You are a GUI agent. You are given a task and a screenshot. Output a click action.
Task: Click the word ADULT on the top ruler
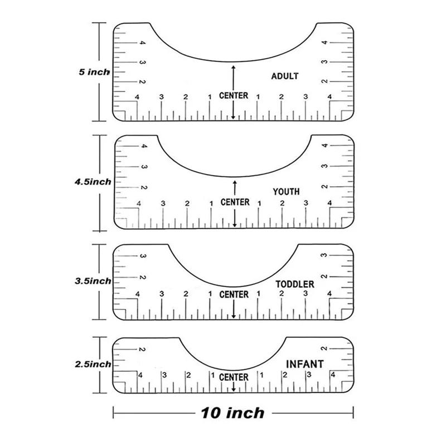284,76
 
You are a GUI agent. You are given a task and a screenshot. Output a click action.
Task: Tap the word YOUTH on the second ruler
286,192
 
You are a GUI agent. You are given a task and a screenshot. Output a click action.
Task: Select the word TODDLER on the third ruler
295,284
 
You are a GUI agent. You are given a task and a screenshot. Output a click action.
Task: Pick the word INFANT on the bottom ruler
304,364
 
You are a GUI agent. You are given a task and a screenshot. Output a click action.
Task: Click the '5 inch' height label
94,72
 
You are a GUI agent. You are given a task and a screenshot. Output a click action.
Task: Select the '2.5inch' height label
93,364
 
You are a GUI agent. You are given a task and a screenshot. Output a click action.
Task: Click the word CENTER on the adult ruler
234,96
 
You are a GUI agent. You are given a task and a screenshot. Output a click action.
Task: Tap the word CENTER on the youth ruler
235,202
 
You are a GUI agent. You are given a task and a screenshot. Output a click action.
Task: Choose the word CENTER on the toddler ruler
234,294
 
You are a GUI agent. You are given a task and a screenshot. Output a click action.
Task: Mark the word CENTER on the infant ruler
234,377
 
